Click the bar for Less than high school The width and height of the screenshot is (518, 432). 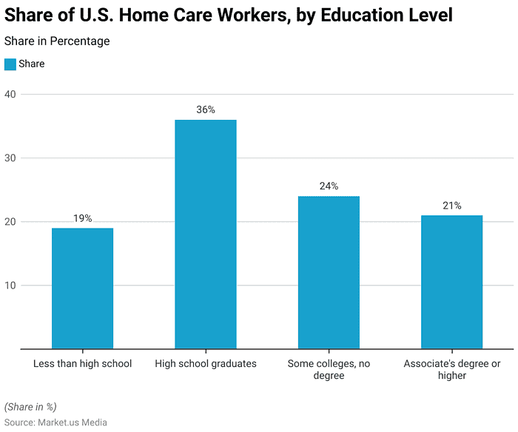82,288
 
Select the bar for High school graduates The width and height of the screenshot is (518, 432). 206,234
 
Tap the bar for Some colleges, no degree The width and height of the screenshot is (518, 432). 329,272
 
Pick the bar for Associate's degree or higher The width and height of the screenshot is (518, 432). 452,282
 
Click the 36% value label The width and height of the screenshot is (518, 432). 206,109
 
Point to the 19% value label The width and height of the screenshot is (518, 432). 82,218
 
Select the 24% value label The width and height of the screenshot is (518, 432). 329,186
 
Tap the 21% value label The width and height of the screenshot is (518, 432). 452,206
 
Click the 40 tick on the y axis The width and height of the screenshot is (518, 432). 10,95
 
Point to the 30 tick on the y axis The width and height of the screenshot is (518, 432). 10,158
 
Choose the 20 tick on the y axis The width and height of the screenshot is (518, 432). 10,222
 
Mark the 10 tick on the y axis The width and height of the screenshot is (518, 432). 10,286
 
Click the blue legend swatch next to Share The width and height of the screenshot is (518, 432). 10,64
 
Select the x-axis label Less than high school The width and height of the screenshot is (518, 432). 82,363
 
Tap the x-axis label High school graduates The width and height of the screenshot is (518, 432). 206,363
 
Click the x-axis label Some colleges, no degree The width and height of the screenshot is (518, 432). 329,369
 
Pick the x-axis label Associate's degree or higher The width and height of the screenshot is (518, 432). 452,369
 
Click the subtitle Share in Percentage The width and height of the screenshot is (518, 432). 57,41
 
